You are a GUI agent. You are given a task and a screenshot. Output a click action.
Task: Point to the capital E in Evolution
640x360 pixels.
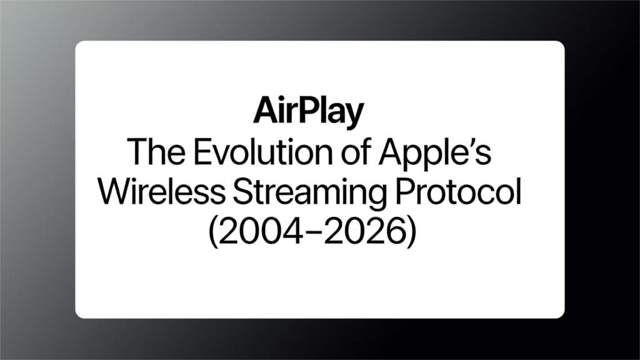(191, 152)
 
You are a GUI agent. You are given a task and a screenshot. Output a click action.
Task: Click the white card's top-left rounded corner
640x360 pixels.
(79, 45)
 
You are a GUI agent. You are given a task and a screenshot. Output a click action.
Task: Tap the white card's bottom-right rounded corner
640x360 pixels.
(561, 314)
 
